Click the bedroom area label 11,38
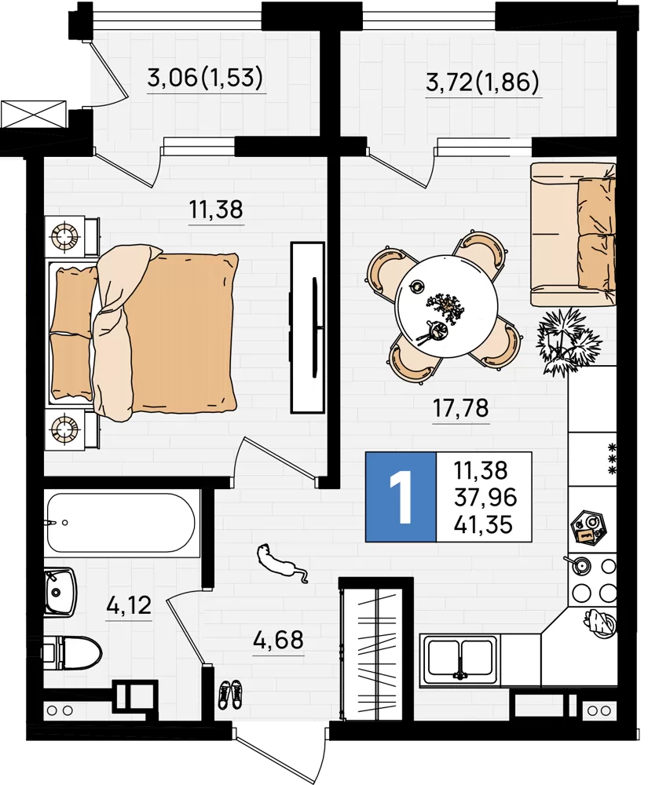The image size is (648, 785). (x=216, y=210)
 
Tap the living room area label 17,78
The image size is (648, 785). (x=460, y=408)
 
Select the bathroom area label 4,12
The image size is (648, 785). (x=129, y=605)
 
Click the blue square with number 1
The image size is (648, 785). (x=401, y=497)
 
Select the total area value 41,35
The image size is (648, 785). (x=483, y=525)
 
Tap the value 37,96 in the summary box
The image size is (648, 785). (x=485, y=498)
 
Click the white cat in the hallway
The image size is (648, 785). (x=280, y=562)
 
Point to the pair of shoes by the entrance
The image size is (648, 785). (x=229, y=694)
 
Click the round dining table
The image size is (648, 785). (x=445, y=306)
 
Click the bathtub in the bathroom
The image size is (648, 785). (x=120, y=523)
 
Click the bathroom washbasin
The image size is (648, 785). (x=60, y=591)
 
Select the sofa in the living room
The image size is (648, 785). (x=573, y=234)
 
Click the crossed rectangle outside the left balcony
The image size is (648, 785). (x=34, y=115)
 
